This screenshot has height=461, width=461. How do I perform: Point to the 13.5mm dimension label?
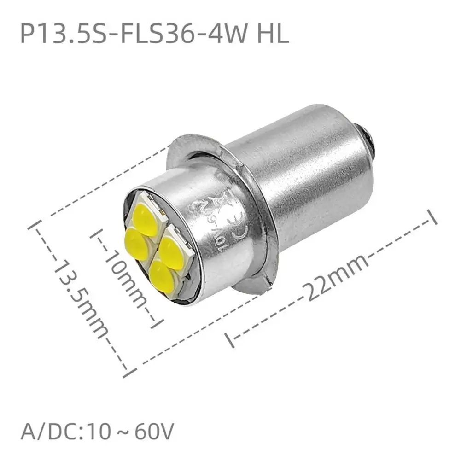point(83,295)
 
